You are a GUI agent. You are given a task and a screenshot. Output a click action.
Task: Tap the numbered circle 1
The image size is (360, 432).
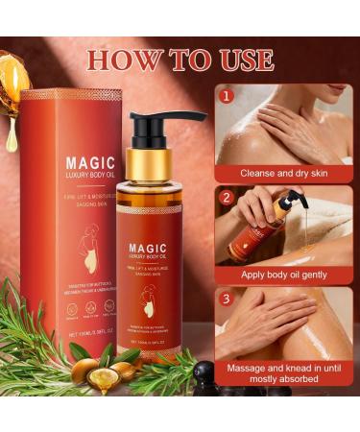(227, 97)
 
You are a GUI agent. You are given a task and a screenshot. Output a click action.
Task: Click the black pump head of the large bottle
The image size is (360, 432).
(158, 125)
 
